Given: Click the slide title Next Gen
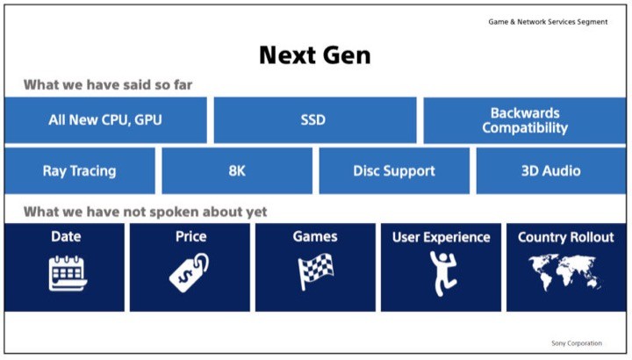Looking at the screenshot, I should pyautogui.click(x=314, y=55).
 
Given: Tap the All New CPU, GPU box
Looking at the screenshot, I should pyautogui.click(x=105, y=120).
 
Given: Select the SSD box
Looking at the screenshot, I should pyautogui.click(x=314, y=120).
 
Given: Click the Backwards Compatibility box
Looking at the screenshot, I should pyautogui.click(x=525, y=120).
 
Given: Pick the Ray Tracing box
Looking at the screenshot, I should pyautogui.click(x=79, y=170).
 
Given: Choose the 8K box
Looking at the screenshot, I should pyautogui.click(x=236, y=170).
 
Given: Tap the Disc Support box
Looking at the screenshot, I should pyautogui.click(x=393, y=170).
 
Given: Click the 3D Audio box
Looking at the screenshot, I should pyautogui.click(x=550, y=170).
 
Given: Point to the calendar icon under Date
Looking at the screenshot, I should pyautogui.click(x=67, y=272).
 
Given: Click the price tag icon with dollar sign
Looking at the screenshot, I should pyautogui.click(x=190, y=272).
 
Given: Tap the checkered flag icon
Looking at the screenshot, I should pyautogui.click(x=315, y=272).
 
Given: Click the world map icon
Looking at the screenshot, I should pyautogui.click(x=565, y=272).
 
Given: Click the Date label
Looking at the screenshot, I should pyautogui.click(x=66, y=236).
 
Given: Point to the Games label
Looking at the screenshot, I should pyautogui.click(x=315, y=236).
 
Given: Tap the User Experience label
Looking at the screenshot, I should pyautogui.click(x=441, y=237).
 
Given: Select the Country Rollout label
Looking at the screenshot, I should pyautogui.click(x=566, y=237).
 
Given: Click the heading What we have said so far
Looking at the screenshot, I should pyautogui.click(x=108, y=85).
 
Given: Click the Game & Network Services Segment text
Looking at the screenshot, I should pyautogui.click(x=548, y=21).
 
